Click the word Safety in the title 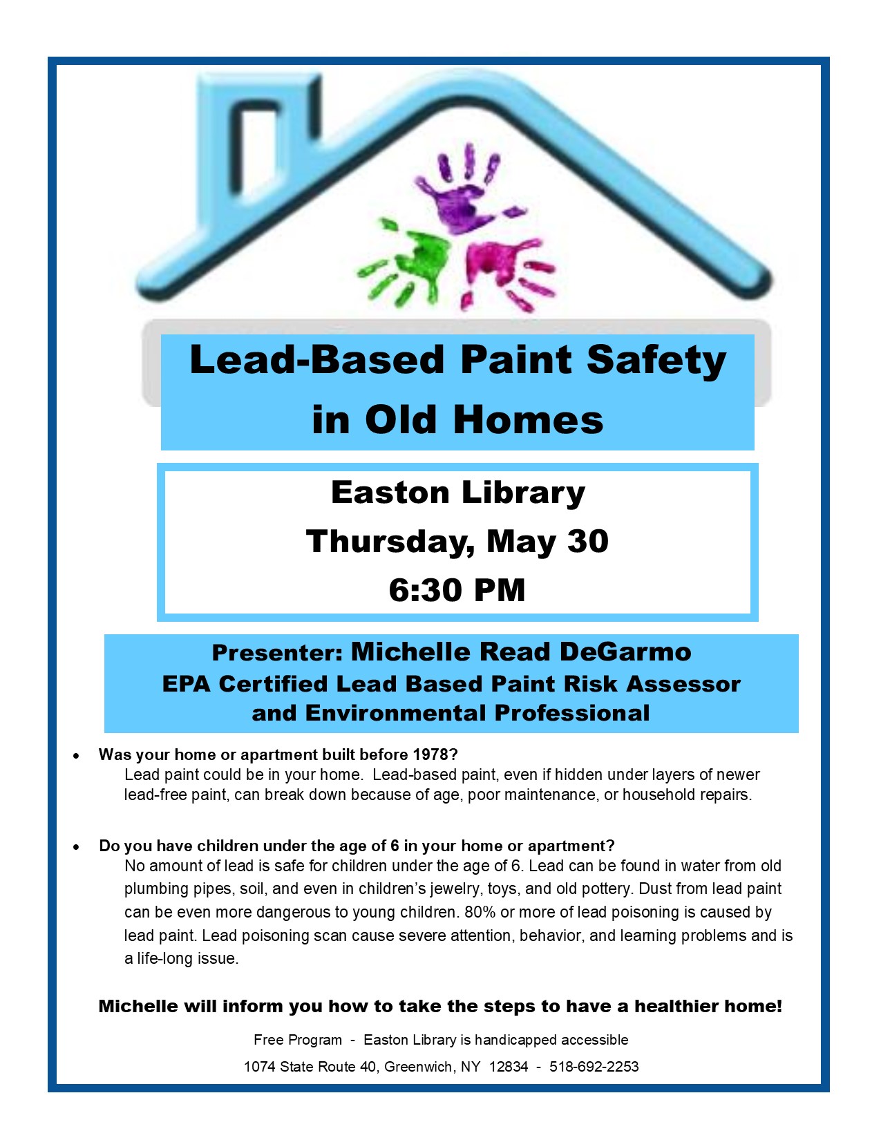[656, 361]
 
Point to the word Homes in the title [529, 420]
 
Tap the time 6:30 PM [457, 590]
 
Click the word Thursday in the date [390, 542]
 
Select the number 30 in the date [587, 541]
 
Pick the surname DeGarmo [625, 652]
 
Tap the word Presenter [276, 653]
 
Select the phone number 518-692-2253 [594, 1067]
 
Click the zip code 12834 [509, 1067]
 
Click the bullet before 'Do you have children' [76, 847]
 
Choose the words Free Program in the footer [297, 1040]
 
